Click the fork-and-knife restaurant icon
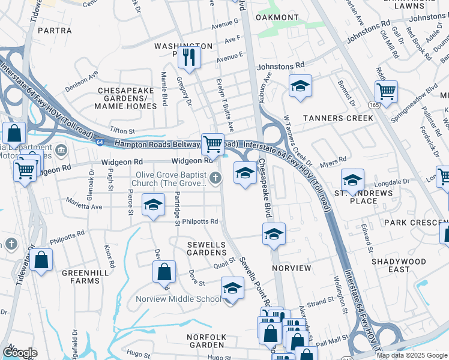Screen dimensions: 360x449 [189, 58]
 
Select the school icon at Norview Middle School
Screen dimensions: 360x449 [232, 289]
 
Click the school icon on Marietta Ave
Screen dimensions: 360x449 [153, 205]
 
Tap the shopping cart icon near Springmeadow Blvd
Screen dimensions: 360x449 [386, 92]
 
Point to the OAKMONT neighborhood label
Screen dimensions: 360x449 [277, 18]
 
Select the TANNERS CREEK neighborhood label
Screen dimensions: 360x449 [338, 118]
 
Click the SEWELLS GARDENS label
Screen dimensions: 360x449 [206, 249]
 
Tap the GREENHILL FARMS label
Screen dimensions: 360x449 [80, 277]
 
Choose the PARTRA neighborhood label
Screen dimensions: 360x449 [55, 29]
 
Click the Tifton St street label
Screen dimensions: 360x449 [122, 131]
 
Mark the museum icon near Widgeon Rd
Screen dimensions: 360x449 [62, 149]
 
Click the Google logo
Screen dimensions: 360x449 [20, 353]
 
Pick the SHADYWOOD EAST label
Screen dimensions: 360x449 [398, 266]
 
